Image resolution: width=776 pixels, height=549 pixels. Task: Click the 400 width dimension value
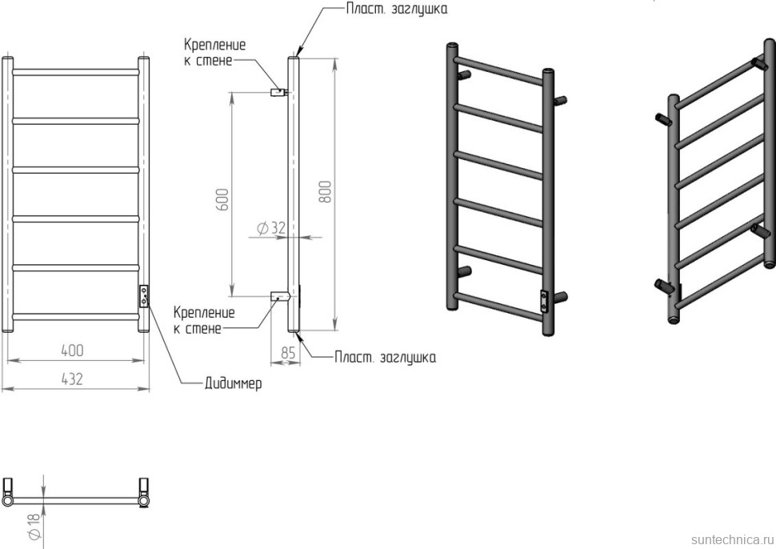click(x=71, y=351)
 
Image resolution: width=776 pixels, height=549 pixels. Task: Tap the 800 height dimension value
click(x=325, y=190)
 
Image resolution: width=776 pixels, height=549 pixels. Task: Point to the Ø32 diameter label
click(x=271, y=228)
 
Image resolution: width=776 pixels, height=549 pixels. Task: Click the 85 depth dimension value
click(x=288, y=351)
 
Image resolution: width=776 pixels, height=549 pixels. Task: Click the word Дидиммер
click(x=231, y=383)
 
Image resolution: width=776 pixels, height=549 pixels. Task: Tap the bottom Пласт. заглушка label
click(x=385, y=357)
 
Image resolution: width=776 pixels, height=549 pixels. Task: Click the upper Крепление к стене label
click(x=214, y=52)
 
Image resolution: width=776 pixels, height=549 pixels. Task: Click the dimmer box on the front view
click(x=144, y=296)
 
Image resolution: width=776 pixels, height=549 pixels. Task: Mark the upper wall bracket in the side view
click(x=278, y=92)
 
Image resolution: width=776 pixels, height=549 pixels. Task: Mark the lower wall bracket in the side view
click(x=278, y=296)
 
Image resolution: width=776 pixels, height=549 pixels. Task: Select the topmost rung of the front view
click(x=77, y=72)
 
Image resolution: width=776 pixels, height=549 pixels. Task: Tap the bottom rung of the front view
click(x=77, y=315)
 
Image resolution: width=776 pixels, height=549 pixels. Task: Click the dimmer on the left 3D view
click(x=545, y=299)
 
